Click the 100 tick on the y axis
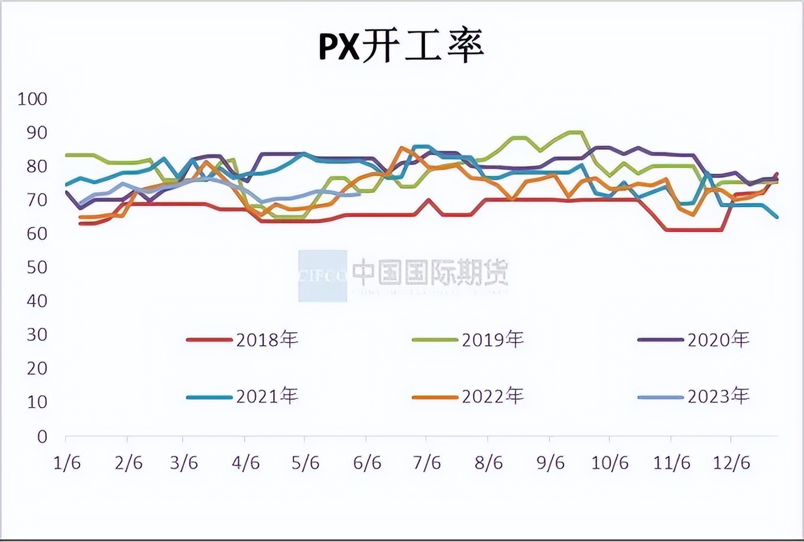pyautogui.click(x=32, y=99)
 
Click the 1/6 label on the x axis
pyautogui.click(x=67, y=463)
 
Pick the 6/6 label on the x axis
pyautogui.click(x=367, y=463)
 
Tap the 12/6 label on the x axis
pyautogui.click(x=731, y=463)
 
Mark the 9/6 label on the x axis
pyautogui.click(x=550, y=463)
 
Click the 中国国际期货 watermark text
pyautogui.click(x=430, y=273)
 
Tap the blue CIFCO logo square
pyautogui.click(x=322, y=276)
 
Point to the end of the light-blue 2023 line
pyautogui.click(x=359, y=193)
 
